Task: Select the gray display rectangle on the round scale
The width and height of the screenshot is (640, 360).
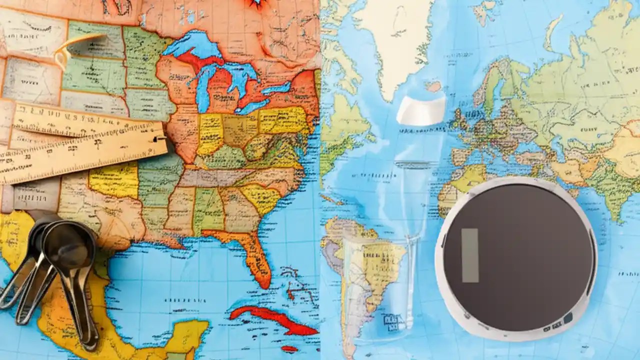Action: (470, 255)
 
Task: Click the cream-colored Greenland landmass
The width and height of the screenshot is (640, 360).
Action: (395, 40)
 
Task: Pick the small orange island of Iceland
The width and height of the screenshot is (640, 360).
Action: (433, 86)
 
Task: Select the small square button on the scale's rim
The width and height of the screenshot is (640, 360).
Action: (568, 318)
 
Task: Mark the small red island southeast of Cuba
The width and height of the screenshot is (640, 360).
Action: (289, 348)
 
